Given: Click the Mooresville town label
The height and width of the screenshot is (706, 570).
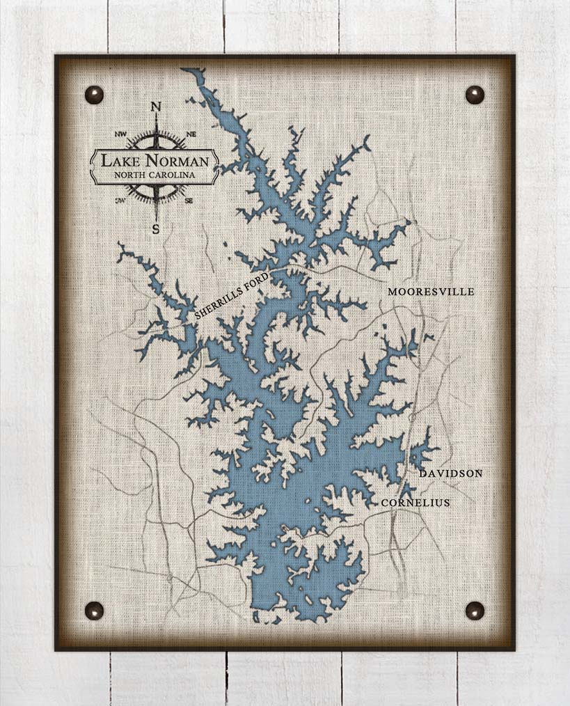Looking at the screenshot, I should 431,292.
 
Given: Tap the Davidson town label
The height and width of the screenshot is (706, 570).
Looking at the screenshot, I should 450,473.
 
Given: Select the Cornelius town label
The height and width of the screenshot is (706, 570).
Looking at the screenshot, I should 415,503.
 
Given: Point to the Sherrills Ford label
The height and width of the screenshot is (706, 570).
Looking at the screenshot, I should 231,297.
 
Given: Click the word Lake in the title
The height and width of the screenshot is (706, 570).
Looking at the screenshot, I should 119,161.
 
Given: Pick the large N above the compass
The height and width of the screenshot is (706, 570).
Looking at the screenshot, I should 156,107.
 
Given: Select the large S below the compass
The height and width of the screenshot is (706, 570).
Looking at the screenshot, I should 156,228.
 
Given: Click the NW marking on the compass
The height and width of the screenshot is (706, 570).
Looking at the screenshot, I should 121,133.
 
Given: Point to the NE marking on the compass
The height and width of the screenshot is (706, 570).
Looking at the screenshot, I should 191,133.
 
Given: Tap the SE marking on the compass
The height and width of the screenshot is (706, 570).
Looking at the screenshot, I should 189,200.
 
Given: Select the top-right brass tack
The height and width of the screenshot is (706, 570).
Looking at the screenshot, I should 475,95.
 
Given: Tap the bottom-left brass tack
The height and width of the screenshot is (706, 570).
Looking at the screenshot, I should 94,610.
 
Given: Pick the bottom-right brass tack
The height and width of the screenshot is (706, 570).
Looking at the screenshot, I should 475,610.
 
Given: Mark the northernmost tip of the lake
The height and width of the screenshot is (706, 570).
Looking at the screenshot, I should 185,70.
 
